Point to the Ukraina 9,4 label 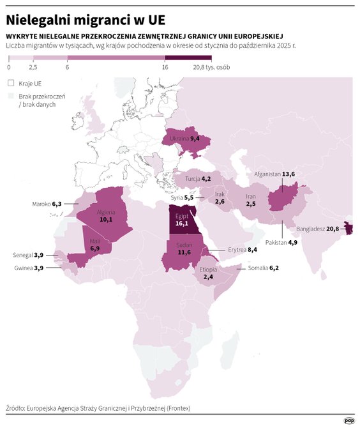coord(186,139)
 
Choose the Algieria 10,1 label coord(105,215)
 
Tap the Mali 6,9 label coord(94,244)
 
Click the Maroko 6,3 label coord(47,204)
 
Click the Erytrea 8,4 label coord(243,250)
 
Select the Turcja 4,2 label coord(198,180)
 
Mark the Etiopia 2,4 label coord(208,273)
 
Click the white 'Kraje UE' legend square coord(10,82)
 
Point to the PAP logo coord(349,420)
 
